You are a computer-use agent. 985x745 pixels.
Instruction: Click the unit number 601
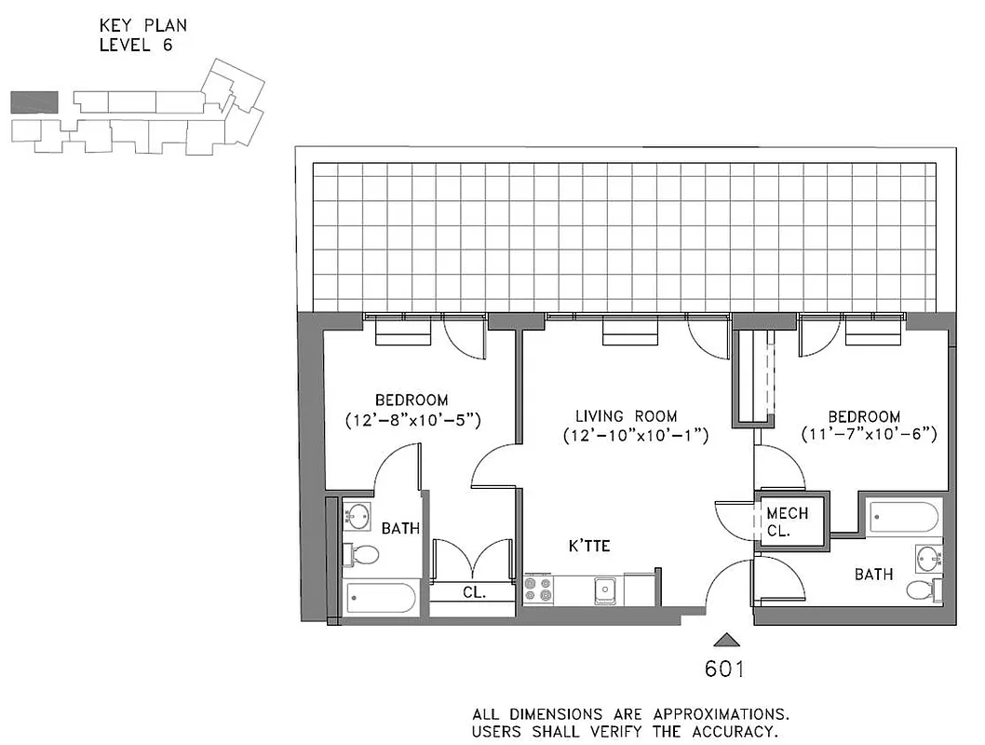click(724, 669)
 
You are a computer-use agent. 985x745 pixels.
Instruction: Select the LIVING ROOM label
click(626, 416)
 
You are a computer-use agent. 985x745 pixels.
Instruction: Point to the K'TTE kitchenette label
click(590, 546)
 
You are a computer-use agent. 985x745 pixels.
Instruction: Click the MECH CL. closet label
click(787, 522)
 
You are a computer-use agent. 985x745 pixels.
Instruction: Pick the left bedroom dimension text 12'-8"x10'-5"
click(412, 420)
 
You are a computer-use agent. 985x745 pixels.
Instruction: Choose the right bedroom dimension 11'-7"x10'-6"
click(869, 434)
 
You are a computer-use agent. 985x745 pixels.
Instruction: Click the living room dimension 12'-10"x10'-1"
click(636, 435)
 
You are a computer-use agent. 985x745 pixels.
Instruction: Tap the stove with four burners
click(539, 590)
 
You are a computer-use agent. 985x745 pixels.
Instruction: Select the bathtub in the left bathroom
click(381, 598)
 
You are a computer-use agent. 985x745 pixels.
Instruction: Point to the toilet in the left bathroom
click(361, 556)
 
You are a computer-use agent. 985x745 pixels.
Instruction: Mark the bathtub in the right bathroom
click(903, 518)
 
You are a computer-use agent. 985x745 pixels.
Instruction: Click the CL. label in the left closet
click(474, 592)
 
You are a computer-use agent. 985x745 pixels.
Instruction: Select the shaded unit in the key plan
click(34, 102)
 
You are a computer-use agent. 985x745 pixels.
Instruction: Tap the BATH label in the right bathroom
click(874, 575)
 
